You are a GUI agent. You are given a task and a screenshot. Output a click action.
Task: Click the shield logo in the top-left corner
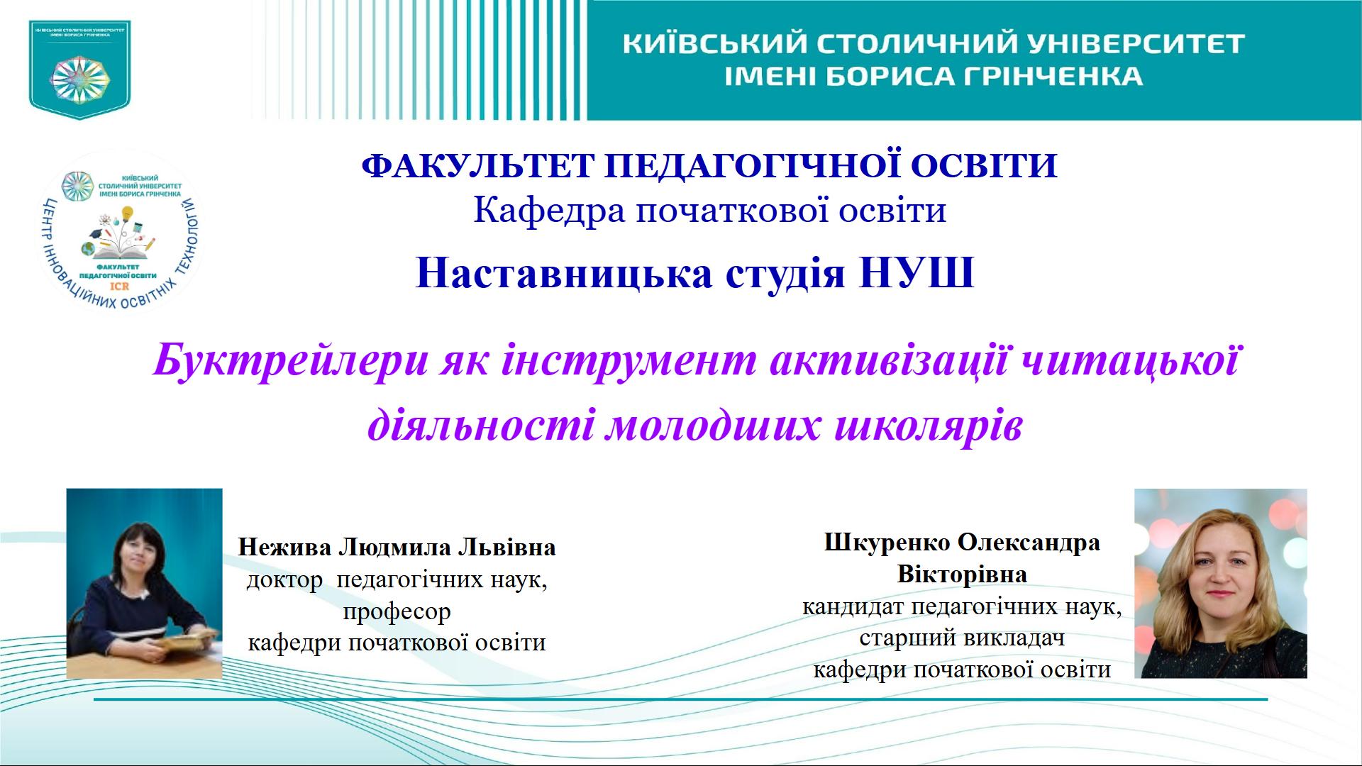point(79,68)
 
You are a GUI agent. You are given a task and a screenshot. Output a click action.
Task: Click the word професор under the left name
point(397,611)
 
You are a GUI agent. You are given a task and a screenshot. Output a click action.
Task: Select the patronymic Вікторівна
point(962,574)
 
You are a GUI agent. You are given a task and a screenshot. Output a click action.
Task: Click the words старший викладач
point(962,638)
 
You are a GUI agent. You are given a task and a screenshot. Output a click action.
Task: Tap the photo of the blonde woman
point(1220,583)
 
